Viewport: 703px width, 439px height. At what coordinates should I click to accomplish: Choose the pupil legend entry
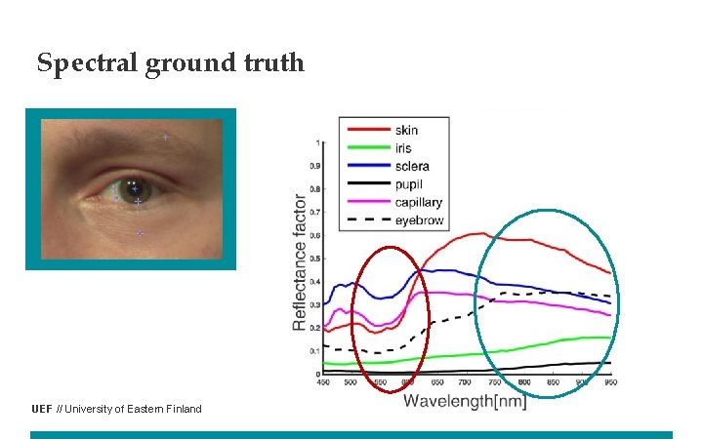point(409,184)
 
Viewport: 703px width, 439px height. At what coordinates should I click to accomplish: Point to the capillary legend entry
point(419,203)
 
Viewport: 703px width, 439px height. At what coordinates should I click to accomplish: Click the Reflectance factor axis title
point(300,259)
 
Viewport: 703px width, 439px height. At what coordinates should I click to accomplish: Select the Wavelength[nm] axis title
point(465,400)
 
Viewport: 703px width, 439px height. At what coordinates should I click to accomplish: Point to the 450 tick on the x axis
point(323,381)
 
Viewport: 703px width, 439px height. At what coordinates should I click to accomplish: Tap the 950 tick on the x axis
point(609,381)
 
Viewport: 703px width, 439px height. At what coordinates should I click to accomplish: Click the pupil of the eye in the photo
point(132,186)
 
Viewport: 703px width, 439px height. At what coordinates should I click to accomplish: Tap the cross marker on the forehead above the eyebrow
point(165,138)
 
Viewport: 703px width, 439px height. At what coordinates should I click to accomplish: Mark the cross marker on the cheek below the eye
point(140,233)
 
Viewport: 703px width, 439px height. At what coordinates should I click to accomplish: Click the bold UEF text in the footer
point(41,409)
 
